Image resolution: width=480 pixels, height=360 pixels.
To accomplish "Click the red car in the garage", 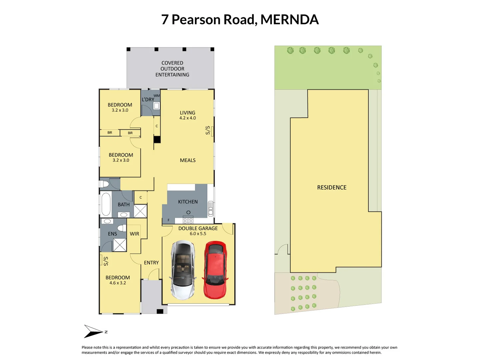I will [215, 270].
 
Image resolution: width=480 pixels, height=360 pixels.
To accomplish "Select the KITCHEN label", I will [188, 202].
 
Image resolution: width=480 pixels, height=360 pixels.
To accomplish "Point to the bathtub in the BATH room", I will [106, 204].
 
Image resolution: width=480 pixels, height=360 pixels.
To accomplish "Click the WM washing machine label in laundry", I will [157, 96].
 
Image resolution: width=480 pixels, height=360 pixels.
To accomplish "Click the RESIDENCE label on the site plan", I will [332, 187].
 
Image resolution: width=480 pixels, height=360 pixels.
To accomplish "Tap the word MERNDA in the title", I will [289, 20].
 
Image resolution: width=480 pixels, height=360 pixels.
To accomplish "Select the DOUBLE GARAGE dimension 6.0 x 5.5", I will [198, 234].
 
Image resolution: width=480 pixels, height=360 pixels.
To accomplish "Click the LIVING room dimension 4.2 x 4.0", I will [188, 118].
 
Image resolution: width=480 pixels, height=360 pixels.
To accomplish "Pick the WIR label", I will [134, 234].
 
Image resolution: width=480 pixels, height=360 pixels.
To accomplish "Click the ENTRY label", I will [151, 263].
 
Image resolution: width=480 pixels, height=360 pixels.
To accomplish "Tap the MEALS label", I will [188, 160].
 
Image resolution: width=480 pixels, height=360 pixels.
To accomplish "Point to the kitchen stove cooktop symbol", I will [188, 220].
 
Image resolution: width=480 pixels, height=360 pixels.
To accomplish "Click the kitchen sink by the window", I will [211, 209].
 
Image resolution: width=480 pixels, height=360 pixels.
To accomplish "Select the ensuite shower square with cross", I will [120, 245].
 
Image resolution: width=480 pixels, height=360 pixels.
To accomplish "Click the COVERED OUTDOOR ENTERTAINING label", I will [172, 69].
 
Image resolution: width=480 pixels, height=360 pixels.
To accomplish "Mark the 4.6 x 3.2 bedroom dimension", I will [118, 283].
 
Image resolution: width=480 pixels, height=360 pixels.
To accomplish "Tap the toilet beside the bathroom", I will [104, 184].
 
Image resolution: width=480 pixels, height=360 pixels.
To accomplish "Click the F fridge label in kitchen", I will [169, 220].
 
